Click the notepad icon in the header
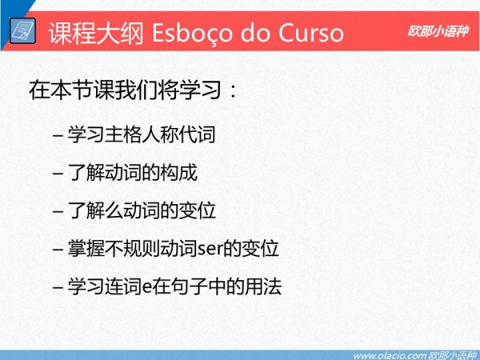pyautogui.click(x=22, y=30)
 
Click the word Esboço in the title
pyautogui.click(x=192, y=33)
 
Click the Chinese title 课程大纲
pyautogui.click(x=96, y=33)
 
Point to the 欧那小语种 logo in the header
pyautogui.click(x=438, y=31)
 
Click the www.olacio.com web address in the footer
pyautogui.click(x=390, y=356)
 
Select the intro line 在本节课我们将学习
pyautogui.click(x=125, y=90)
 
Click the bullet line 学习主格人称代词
pyautogui.click(x=142, y=134)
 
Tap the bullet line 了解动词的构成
pyautogui.click(x=133, y=172)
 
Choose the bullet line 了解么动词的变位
pyautogui.click(x=142, y=210)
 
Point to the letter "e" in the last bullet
pyautogui.click(x=147, y=288)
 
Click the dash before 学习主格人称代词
pyautogui.click(x=58, y=135)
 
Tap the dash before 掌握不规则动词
pyautogui.click(x=58, y=250)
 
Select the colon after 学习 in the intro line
pyautogui.click(x=234, y=91)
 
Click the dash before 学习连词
pyautogui.click(x=58, y=288)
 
